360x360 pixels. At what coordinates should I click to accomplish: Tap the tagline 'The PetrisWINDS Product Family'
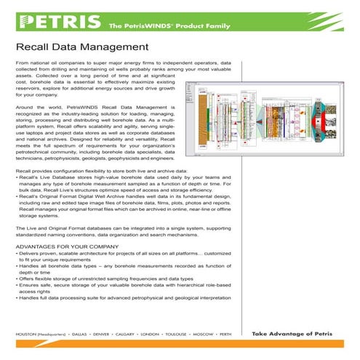161,26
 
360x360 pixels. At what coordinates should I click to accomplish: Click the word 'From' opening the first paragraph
23,65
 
